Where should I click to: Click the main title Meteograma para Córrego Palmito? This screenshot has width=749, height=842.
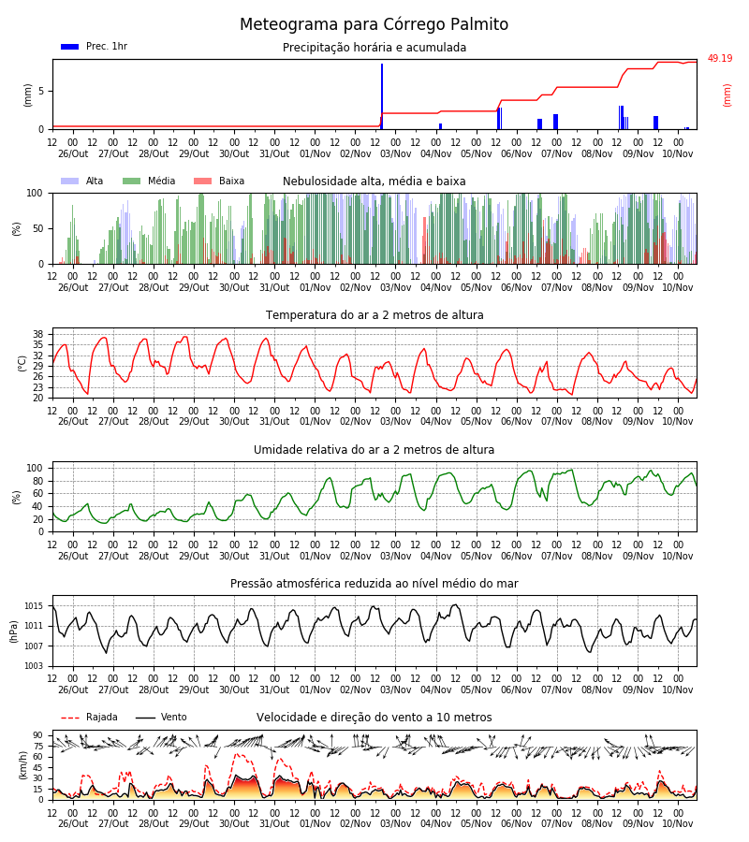pos(374,24)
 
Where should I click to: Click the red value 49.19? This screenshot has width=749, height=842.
pos(719,59)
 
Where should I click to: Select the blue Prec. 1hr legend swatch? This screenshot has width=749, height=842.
pos(70,47)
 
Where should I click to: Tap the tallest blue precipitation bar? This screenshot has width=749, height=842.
pos(382,96)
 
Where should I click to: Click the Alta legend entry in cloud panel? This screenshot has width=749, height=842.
pos(82,181)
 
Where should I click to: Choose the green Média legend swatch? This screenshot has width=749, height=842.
pos(132,181)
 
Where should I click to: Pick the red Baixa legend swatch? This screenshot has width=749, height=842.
pos(202,181)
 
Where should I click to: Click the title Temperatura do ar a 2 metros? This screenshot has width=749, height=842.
pos(374,315)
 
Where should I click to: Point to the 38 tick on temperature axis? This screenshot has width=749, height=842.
pos(38,334)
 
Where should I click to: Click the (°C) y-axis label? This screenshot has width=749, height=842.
pos(22,364)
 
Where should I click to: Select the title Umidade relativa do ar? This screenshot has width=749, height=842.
pos(374,449)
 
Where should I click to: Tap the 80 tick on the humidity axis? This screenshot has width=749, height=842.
pos(38,481)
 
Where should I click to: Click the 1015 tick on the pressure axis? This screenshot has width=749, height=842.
pos(34,606)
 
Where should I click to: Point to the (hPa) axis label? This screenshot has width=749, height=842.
pos(14,631)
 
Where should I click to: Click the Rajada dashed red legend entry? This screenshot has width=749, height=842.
pos(89,718)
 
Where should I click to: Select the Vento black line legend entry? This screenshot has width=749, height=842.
pos(161,718)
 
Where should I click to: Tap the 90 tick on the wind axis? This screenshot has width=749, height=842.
pos(38,735)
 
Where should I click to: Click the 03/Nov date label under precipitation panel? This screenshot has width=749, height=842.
pos(395,153)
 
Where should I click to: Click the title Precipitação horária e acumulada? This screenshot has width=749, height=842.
pos(374,48)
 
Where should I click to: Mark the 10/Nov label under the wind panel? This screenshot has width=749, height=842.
pos(678,823)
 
